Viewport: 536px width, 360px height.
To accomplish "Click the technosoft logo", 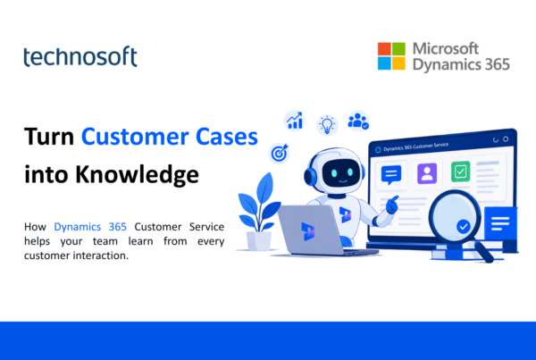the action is pos(80,56).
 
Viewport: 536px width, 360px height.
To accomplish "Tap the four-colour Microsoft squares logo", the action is pos(391,56).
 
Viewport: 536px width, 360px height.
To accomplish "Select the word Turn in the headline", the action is pos(49,137).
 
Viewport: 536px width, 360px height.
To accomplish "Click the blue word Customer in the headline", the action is pos(135,137).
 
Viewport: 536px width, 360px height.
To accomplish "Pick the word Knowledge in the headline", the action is pos(137,175).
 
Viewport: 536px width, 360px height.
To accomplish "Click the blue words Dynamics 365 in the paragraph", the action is pos(90,227).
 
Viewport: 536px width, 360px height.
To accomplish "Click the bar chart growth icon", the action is pos(294,121).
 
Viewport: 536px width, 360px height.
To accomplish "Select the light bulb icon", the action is pos(327,125).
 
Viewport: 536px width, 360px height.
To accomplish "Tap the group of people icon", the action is pos(358,121).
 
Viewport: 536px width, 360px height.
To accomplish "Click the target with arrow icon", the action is pos(280,153).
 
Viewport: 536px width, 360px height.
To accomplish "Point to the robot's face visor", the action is pos(342,172).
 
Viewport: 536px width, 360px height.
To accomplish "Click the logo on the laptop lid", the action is pos(308,231).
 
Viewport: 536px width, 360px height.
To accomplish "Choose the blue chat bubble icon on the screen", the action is pos(391,175).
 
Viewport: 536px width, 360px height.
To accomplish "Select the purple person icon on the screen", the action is pos(427,173).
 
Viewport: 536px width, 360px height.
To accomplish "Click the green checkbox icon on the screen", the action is pos(460,172).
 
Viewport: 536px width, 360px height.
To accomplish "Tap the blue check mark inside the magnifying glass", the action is pos(463,226).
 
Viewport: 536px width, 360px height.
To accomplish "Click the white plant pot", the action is pos(259,241).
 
